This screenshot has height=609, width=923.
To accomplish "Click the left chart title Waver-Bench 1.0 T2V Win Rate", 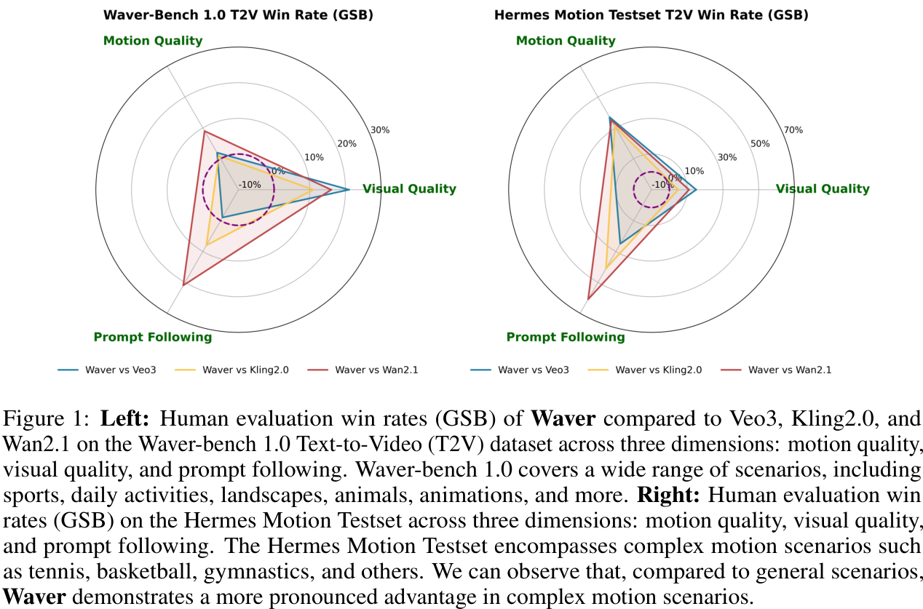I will (x=238, y=15).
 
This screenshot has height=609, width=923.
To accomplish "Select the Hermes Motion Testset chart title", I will (x=651, y=15).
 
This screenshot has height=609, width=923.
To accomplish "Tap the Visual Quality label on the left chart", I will (x=409, y=189).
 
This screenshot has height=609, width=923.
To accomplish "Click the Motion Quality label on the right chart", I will (x=566, y=41).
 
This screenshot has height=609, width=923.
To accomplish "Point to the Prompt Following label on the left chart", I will (x=153, y=337).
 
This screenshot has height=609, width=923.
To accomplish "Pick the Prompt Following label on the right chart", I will (x=566, y=337).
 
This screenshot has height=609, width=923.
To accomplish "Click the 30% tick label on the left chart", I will (x=380, y=130).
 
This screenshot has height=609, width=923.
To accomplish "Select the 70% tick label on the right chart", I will (x=793, y=130).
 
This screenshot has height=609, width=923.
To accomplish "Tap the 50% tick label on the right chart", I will (x=760, y=143).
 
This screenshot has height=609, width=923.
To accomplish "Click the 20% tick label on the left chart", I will (x=347, y=143).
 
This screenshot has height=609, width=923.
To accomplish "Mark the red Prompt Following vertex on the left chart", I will (x=183, y=284).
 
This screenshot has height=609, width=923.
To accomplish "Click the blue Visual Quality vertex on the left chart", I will (x=349, y=190).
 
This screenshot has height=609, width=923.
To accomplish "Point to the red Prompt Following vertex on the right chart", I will (x=587, y=299).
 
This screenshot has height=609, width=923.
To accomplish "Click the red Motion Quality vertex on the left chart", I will (x=204, y=132).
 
